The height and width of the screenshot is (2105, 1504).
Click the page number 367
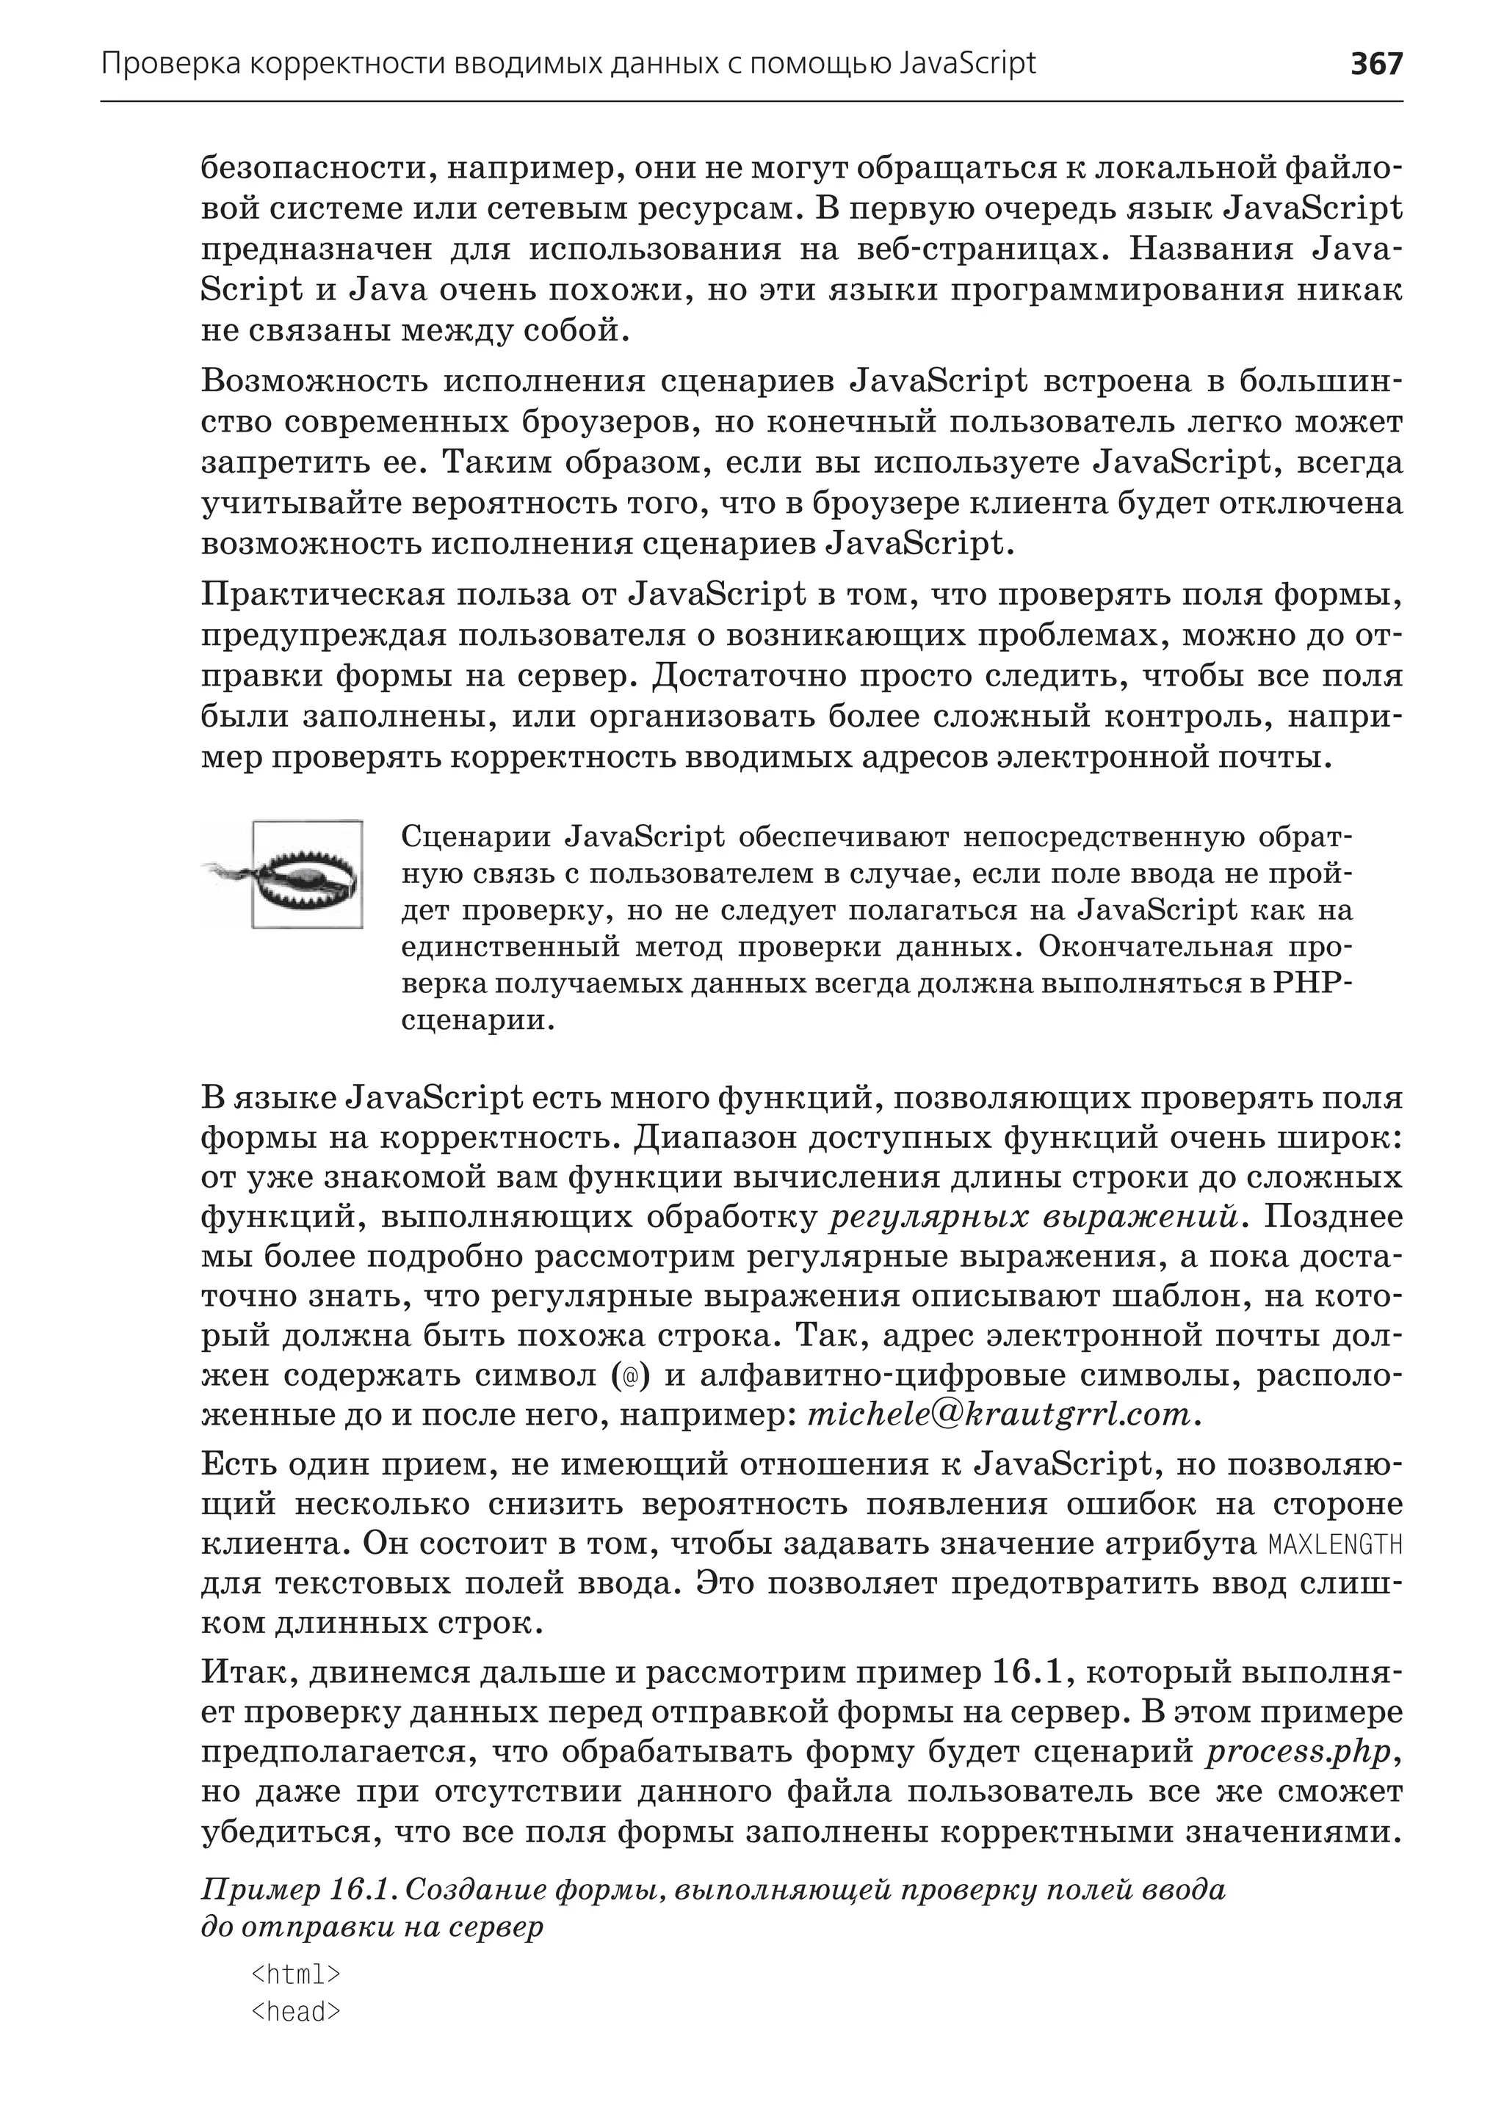(1376, 64)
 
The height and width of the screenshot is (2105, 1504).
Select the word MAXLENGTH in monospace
(1334, 1545)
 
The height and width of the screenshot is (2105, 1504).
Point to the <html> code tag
(297, 1974)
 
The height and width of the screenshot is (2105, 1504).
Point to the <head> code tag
(297, 2012)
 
